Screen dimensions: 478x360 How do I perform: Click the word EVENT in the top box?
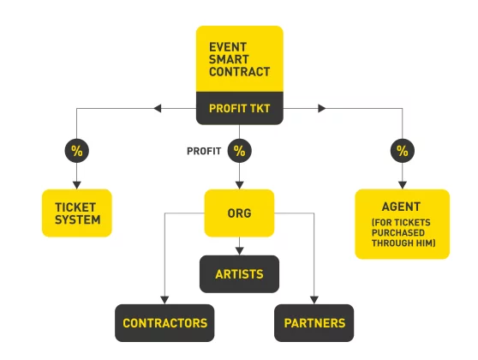(x=228, y=47)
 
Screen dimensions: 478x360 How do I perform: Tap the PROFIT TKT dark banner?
(x=240, y=108)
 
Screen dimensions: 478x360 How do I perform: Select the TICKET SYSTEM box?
(x=77, y=213)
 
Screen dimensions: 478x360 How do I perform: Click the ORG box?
(x=239, y=213)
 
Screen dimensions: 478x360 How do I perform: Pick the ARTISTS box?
(x=239, y=274)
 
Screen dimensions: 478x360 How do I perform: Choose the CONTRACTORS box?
(x=164, y=323)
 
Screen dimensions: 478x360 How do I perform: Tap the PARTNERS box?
(x=314, y=323)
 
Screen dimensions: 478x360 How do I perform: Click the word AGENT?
(x=401, y=207)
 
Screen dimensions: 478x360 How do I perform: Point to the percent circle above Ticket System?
(x=77, y=151)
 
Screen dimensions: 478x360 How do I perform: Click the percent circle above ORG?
(x=239, y=151)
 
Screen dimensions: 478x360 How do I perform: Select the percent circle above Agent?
(x=403, y=151)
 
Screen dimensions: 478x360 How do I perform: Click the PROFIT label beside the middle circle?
(x=204, y=151)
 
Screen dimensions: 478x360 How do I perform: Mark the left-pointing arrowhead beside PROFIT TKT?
(x=158, y=108)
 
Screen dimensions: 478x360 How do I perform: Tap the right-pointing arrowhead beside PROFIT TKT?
(x=322, y=108)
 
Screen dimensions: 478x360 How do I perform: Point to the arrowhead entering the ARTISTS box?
(x=239, y=251)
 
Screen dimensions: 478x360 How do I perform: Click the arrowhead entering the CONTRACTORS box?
(x=164, y=300)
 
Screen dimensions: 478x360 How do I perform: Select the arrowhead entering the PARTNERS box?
(x=314, y=300)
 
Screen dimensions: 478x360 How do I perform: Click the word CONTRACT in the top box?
(x=240, y=72)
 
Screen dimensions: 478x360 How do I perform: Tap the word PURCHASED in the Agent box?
(x=398, y=233)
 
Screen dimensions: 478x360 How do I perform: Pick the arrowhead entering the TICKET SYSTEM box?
(x=77, y=185)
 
